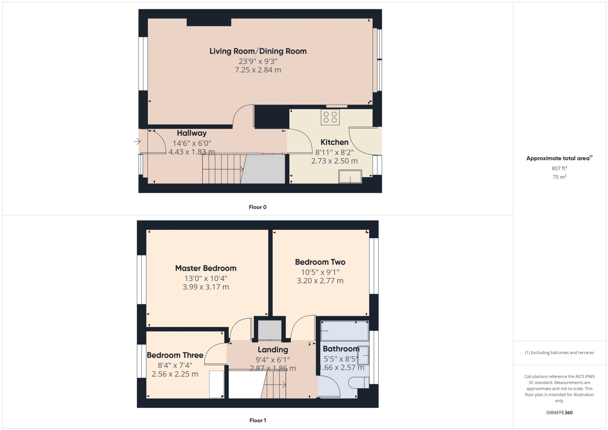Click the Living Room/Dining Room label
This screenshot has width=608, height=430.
tap(258, 51)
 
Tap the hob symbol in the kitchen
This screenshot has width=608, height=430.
tap(330, 117)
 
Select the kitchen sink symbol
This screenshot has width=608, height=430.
tap(350, 176)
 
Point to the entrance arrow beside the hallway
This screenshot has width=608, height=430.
tap(137, 141)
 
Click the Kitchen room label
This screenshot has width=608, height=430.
tap(334, 142)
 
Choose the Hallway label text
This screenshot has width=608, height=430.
tap(192, 133)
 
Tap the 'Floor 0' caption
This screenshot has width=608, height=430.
tap(257, 207)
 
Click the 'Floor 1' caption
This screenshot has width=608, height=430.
tap(257, 421)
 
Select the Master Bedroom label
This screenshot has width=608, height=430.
tap(206, 268)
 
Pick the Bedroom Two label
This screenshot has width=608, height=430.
tap(320, 262)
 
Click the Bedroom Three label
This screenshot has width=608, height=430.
tap(175, 355)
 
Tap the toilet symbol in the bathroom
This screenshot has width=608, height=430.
tap(359, 383)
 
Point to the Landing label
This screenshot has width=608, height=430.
tap(273, 350)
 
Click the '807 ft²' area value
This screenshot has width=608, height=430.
tap(559, 168)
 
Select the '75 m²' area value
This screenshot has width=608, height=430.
tap(559, 177)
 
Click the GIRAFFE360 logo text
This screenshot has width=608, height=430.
tap(559, 413)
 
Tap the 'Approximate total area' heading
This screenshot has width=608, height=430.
tap(559, 158)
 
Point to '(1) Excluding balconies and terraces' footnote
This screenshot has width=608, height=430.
tap(559, 353)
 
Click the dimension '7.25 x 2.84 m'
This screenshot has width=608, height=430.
tap(258, 70)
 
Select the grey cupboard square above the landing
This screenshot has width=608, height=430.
tap(270, 330)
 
